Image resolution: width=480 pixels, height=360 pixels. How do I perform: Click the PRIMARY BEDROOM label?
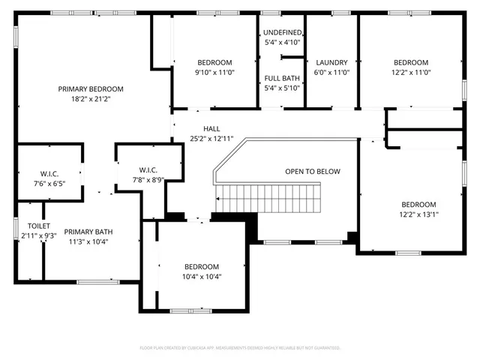click(91, 88)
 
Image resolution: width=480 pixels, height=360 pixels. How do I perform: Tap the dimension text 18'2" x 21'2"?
click(91, 99)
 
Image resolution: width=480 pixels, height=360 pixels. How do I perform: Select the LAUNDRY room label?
click(331, 62)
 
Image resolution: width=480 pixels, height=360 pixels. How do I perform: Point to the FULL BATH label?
click(282, 78)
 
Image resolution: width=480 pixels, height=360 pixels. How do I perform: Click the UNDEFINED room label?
click(282, 33)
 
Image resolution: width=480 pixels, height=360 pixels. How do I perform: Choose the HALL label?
click(201, 129)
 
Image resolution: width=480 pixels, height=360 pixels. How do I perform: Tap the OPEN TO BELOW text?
click(314, 171)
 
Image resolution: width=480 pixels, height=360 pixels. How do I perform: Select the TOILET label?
click(39, 226)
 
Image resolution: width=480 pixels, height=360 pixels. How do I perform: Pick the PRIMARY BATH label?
click(88, 232)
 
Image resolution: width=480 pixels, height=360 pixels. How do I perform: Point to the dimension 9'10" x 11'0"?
click(214, 73)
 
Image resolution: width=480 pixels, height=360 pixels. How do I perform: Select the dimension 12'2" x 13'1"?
click(418, 214)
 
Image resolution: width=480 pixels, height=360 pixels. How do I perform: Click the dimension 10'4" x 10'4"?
click(202, 277)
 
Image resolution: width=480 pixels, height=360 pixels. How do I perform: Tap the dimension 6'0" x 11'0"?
click(331, 73)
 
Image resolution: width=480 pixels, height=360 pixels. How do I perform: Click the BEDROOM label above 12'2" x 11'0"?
click(411, 62)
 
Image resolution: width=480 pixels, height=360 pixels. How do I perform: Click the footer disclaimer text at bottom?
click(240, 348)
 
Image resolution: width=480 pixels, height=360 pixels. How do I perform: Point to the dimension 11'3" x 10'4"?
click(88, 242)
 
